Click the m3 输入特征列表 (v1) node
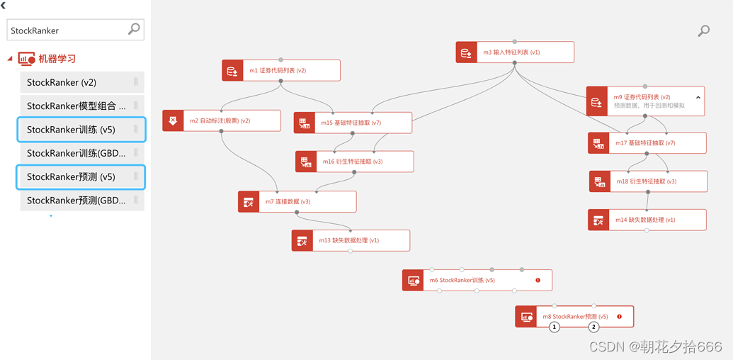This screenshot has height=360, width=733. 515,52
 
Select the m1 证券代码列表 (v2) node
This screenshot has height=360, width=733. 281,71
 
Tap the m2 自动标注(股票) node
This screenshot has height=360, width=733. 222,120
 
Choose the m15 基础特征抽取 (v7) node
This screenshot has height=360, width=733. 353,123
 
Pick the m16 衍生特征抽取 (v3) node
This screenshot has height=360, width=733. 354,162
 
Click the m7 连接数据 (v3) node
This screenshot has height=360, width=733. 297,201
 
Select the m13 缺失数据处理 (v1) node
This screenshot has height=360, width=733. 351,240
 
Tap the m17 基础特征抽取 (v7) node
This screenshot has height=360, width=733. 647,143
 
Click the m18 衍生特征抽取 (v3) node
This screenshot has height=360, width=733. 648,181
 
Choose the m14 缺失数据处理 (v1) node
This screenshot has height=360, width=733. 647,220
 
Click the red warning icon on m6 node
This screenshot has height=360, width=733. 538,280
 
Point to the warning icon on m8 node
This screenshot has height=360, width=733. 620,317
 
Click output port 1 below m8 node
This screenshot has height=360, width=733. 555,327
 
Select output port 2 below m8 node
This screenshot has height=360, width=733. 593,327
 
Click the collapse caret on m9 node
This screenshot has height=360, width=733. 698,97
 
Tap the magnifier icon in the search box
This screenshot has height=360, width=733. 134,29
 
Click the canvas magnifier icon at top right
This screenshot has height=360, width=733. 703,30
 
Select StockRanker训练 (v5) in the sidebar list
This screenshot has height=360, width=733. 81,130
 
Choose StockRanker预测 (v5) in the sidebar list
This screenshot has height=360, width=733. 81,176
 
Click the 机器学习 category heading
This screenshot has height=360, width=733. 57,59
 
